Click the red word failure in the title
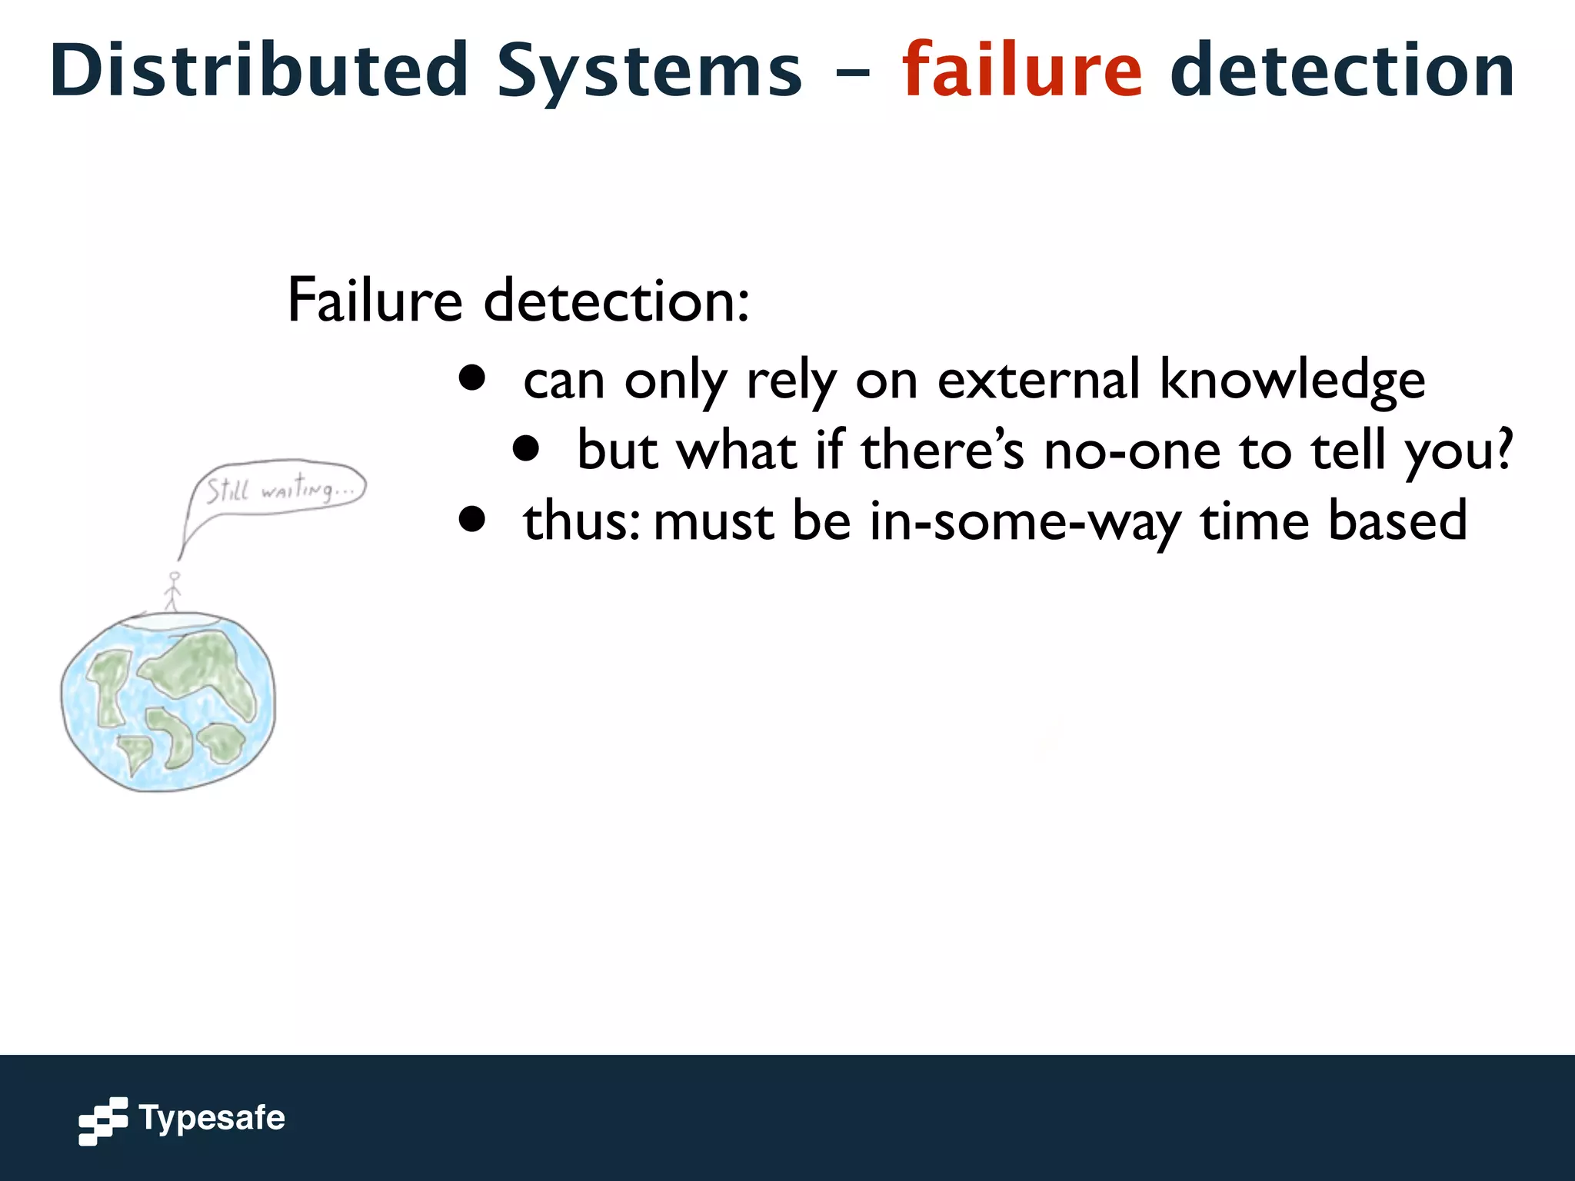tap(1022, 71)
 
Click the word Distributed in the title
tap(259, 71)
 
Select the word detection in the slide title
tap(1342, 71)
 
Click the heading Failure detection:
tap(518, 301)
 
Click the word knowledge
tap(1291, 381)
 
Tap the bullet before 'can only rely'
tap(471, 378)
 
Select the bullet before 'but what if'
tap(526, 449)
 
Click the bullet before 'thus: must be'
tap(471, 519)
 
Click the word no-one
tap(1131, 451)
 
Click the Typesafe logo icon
tap(103, 1120)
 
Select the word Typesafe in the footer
tap(211, 1119)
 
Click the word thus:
tap(581, 521)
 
